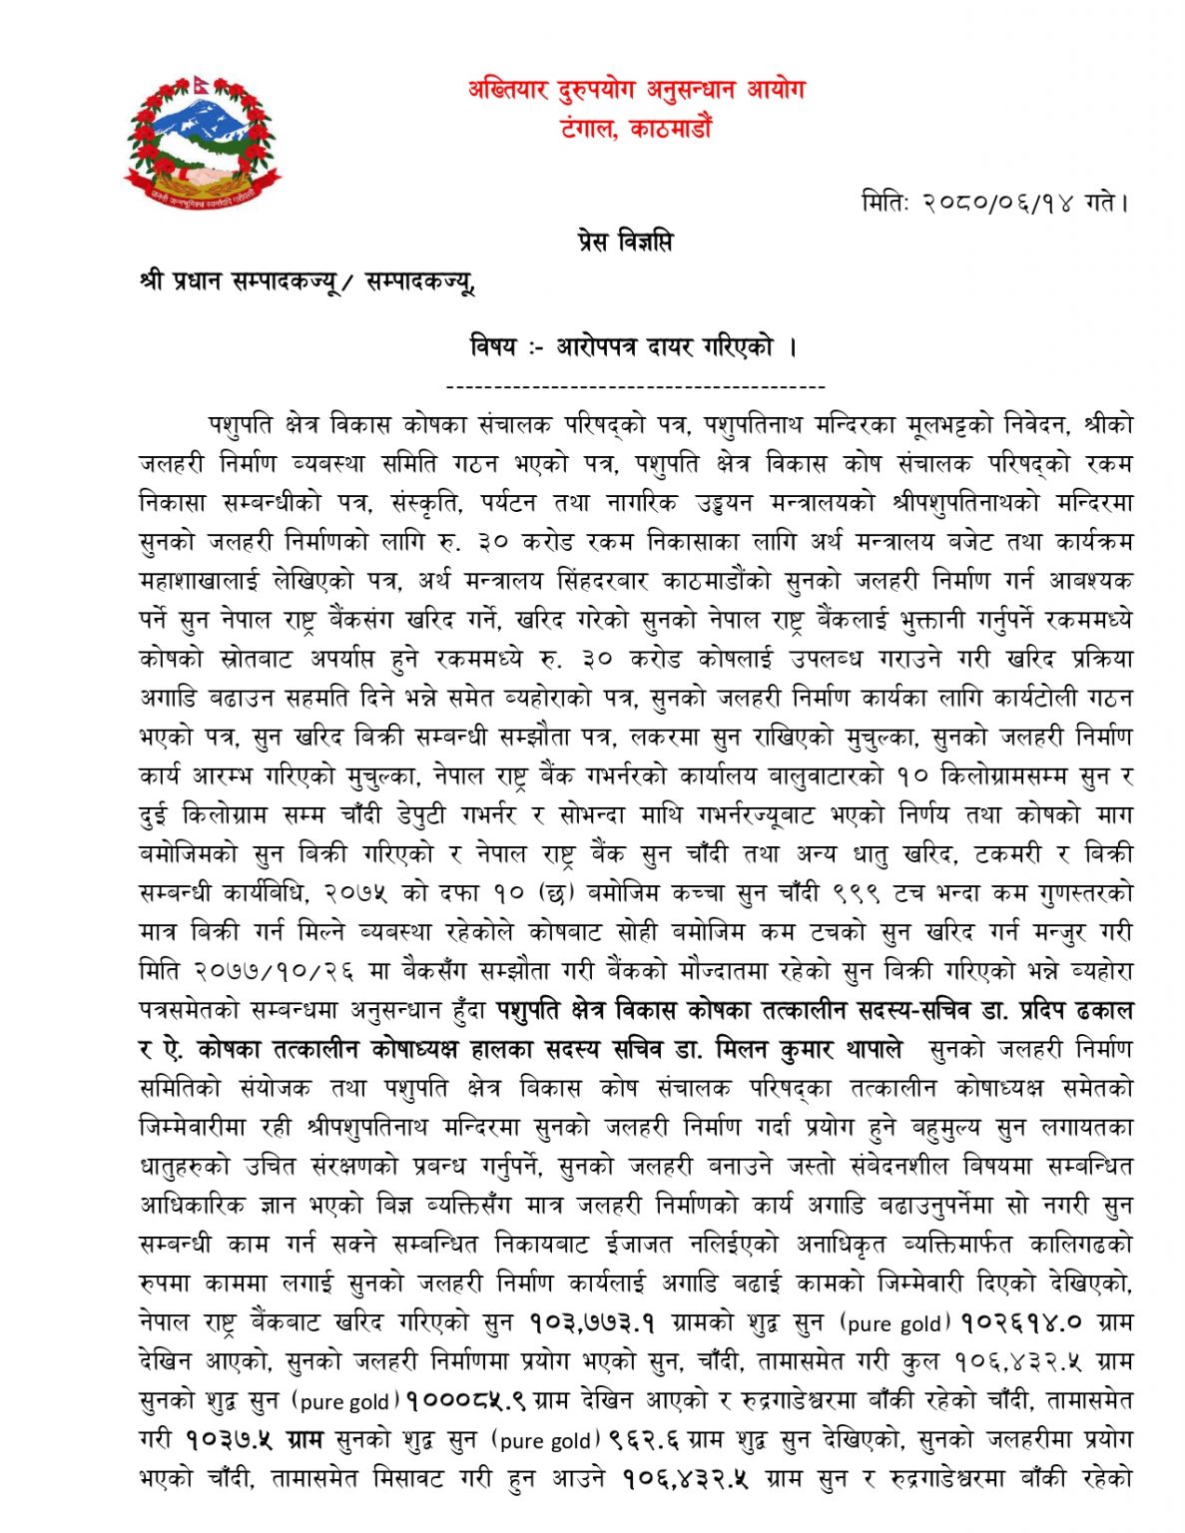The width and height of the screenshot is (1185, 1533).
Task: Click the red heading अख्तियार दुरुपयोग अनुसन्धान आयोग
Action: click(636, 90)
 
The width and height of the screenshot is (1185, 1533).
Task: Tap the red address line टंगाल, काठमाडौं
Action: click(636, 128)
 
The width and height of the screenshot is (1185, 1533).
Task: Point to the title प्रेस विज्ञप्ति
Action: click(624, 242)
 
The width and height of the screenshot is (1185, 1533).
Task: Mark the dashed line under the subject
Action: click(635, 387)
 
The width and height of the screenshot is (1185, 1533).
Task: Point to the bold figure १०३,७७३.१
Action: click(592, 1323)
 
